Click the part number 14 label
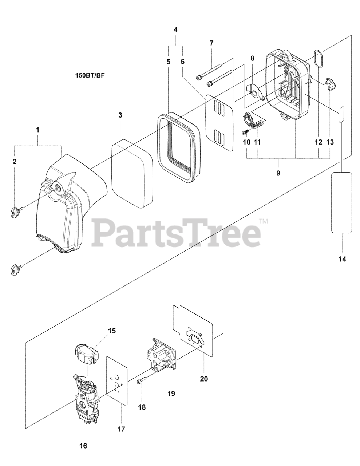342,259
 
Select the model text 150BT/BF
90,76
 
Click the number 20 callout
204,379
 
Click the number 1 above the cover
38,130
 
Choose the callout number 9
278,173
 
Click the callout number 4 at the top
175,30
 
